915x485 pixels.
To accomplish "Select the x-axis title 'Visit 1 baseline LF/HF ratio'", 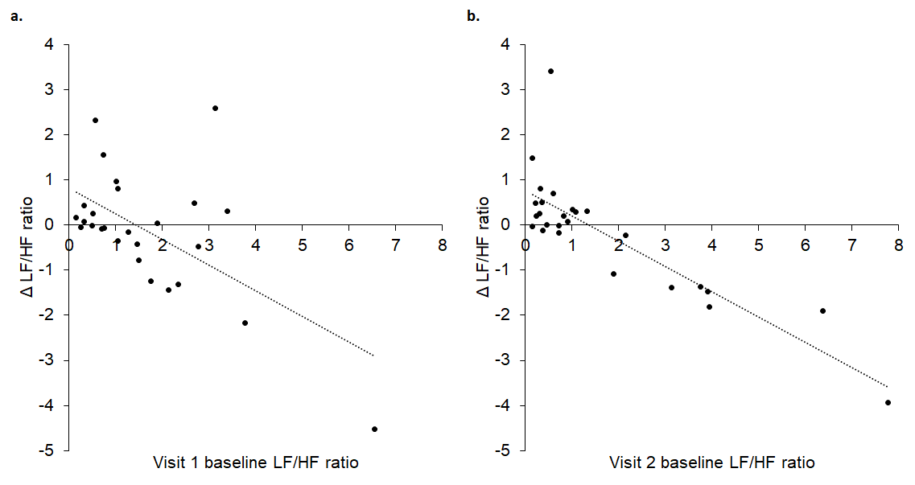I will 255,463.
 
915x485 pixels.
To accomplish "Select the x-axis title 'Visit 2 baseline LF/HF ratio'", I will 711,463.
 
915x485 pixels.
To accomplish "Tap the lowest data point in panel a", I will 374,429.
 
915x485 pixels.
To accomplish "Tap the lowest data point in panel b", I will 888,402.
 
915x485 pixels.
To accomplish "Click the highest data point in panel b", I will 550,72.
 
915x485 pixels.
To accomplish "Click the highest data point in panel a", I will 215,108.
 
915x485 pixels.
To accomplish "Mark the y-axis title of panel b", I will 485,248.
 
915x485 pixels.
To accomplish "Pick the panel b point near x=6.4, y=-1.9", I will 822,310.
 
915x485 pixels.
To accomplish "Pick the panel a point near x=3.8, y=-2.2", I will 245,323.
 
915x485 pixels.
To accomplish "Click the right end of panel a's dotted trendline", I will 373,355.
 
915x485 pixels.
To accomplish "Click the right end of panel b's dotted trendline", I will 888,387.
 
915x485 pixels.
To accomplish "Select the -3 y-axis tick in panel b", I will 506,360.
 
